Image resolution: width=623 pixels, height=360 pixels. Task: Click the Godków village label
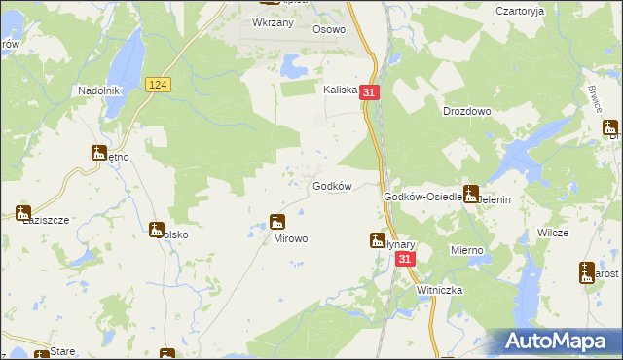(x=331, y=186)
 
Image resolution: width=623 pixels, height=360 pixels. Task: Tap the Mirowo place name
(x=290, y=238)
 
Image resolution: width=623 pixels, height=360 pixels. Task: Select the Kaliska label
(x=341, y=89)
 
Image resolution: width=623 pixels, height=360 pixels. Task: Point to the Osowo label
(x=329, y=29)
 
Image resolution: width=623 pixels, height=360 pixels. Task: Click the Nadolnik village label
(x=98, y=90)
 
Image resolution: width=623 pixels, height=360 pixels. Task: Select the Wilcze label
(x=552, y=234)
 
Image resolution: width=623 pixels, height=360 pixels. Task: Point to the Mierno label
(x=466, y=250)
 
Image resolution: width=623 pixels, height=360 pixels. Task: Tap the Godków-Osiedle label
(x=421, y=197)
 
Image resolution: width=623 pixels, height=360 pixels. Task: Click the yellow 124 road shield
(x=160, y=86)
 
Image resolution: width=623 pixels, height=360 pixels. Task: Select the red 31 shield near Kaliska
(x=369, y=91)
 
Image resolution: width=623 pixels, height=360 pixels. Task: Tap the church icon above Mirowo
(x=277, y=222)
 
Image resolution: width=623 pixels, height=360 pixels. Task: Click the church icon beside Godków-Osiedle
(x=471, y=194)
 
